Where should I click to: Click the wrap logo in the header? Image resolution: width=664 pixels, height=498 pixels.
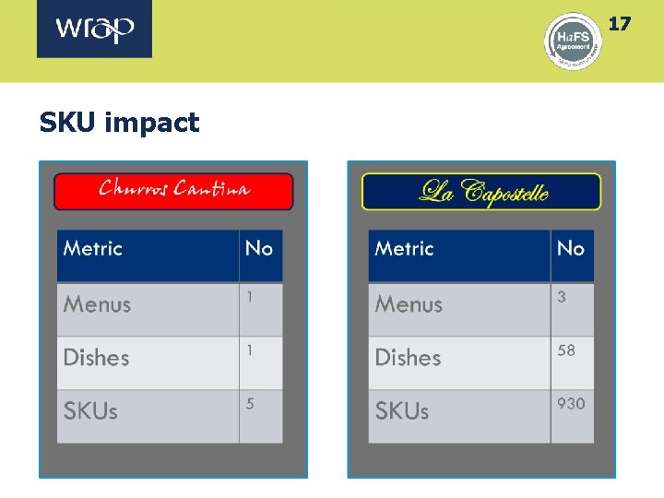point(95,30)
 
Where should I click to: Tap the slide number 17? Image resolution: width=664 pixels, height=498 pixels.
point(620,23)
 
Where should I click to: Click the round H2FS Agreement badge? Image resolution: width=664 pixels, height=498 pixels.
point(573,41)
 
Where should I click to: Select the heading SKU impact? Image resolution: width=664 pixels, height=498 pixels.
point(119,123)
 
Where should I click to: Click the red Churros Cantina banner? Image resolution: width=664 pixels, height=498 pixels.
point(173,191)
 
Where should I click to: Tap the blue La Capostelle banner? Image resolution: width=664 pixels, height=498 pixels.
point(481,192)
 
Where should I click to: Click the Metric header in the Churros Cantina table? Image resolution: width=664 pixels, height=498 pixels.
point(92,248)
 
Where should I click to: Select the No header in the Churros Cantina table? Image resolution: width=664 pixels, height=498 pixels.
point(259,248)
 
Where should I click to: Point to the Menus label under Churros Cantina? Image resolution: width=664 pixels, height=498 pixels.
point(97,304)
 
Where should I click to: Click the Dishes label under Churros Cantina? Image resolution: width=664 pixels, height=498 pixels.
point(96,358)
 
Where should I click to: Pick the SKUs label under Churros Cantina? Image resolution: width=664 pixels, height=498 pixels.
point(90,411)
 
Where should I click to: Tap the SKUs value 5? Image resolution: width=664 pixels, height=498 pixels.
point(250,404)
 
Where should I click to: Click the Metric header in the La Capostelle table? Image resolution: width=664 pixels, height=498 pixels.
point(404,248)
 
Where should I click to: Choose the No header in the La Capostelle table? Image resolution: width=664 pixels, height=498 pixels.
point(571,248)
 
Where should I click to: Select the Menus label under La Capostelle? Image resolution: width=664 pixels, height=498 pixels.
point(409,304)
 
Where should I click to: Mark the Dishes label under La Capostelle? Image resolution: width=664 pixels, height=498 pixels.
point(408,358)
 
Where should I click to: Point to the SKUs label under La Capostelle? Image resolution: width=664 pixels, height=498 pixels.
point(402,411)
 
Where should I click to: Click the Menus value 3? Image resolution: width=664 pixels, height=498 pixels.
point(562,297)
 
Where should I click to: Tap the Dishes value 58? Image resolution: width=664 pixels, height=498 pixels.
point(566,350)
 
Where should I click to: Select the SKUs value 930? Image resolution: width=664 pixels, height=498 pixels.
point(571,404)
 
